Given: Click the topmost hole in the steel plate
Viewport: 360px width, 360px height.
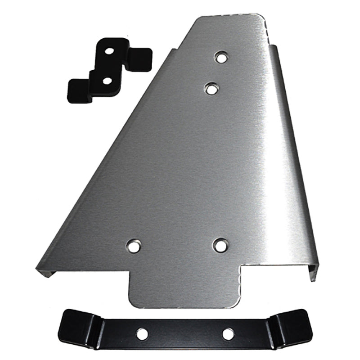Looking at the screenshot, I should click(220, 57).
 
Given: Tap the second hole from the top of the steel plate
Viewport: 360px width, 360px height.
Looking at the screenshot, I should click(211, 89).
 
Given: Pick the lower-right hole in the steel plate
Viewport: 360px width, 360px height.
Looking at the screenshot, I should click(220, 245).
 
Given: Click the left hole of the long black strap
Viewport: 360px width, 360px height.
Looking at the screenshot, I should click(142, 333).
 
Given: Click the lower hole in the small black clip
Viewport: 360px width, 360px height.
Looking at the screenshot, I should click(107, 81).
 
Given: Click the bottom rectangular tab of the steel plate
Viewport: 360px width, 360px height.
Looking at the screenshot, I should click(184, 288).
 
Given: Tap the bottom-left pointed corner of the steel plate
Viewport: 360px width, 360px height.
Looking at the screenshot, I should click(40, 270).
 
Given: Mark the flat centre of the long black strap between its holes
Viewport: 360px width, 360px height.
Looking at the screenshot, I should click(184, 334).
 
